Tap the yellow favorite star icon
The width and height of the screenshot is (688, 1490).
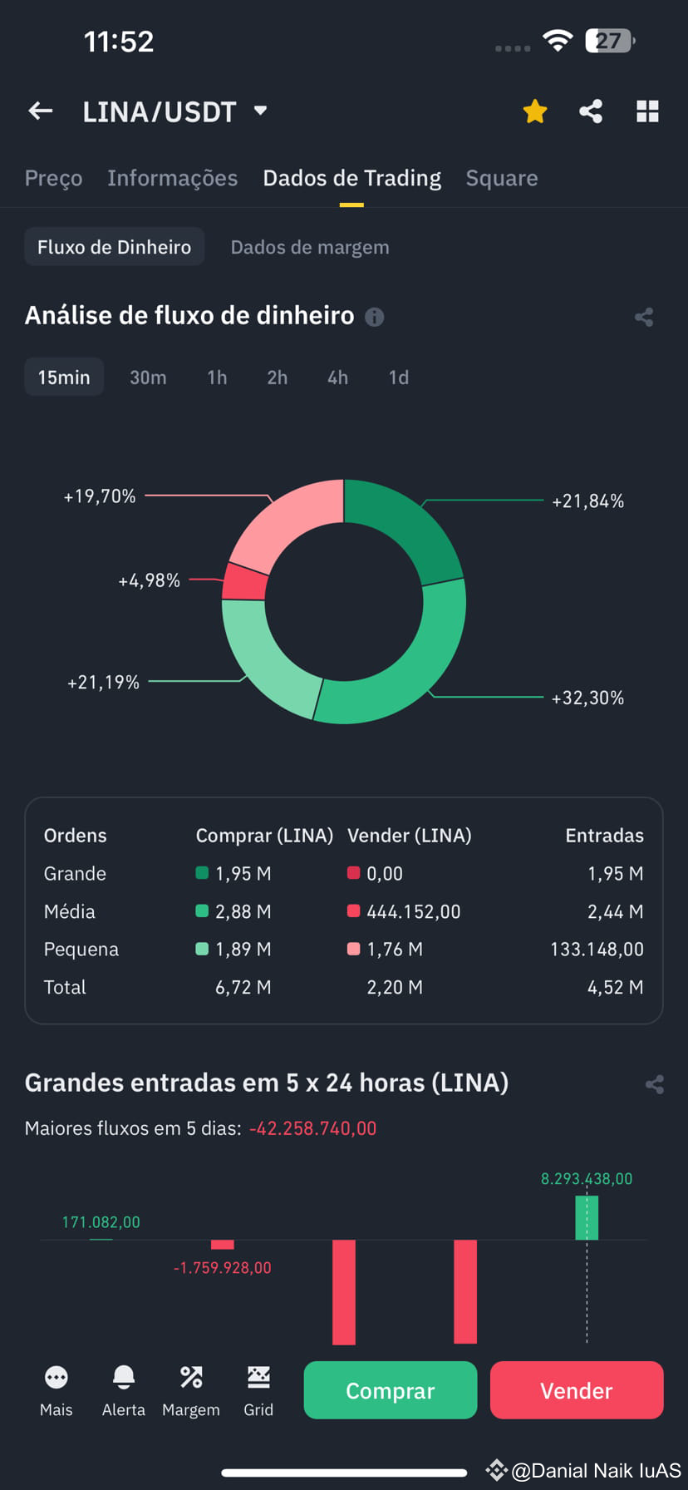point(535,111)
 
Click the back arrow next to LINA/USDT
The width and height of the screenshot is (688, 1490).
point(41,111)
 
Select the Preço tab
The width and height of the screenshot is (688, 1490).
point(53,178)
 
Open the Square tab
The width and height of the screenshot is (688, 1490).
point(502,178)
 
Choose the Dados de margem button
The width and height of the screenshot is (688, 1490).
point(309,247)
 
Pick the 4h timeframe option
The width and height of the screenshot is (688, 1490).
point(337,377)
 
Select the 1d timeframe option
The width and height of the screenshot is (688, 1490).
point(399,377)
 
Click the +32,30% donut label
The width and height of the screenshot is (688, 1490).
point(587,698)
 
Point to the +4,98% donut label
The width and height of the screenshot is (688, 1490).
point(149,580)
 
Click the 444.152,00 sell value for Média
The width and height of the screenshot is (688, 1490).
point(413,911)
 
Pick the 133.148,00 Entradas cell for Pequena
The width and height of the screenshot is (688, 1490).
point(597,950)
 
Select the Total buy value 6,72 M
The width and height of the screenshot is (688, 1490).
point(243,988)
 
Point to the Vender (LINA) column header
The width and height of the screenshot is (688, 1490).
point(409,836)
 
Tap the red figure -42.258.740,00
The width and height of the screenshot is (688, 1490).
point(312,1128)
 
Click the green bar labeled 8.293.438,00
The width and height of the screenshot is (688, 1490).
point(587,1218)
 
